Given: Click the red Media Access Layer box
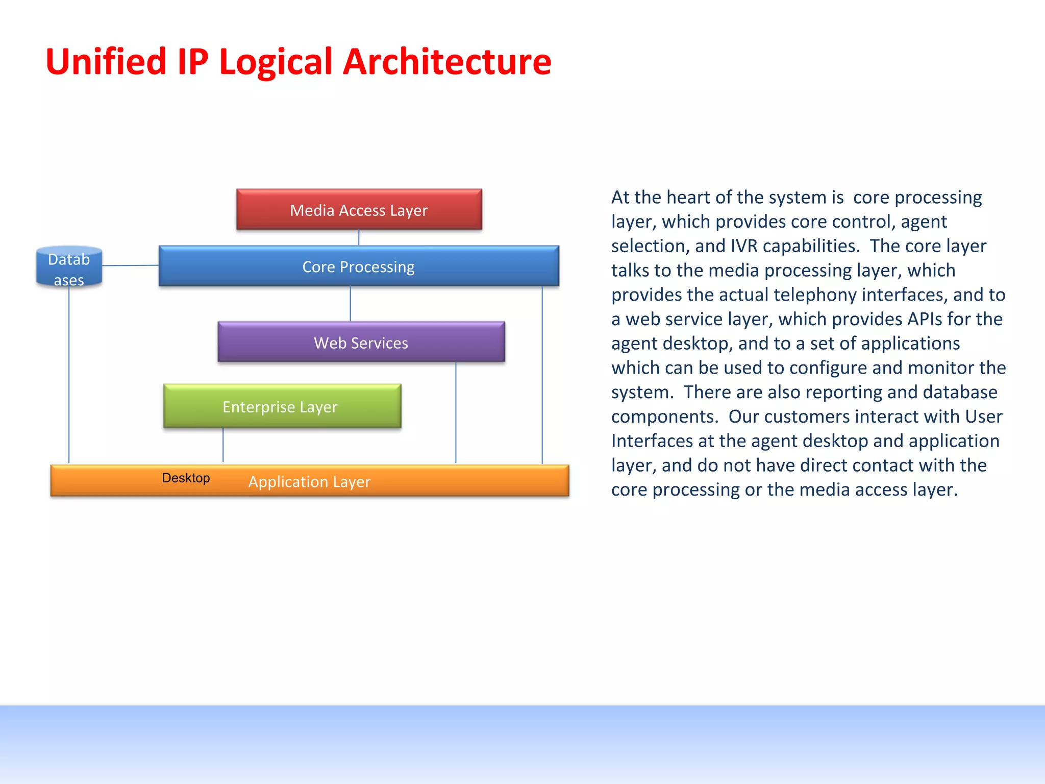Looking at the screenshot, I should pyautogui.click(x=359, y=210).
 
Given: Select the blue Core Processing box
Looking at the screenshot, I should pyautogui.click(x=359, y=266).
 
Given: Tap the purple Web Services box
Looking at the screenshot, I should pyautogui.click(x=361, y=342).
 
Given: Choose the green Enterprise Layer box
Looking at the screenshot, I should pyautogui.click(x=282, y=406).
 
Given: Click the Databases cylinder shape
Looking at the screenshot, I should pyautogui.click(x=69, y=268).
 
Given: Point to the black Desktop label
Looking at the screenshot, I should pyautogui.click(x=186, y=478).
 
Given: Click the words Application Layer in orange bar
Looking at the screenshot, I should pyautogui.click(x=309, y=481).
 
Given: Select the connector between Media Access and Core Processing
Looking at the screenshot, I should pyautogui.click(x=359, y=238).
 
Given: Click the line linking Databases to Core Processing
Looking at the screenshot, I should pyautogui.click(x=130, y=265).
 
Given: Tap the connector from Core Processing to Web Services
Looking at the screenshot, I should pyautogui.click(x=350, y=304).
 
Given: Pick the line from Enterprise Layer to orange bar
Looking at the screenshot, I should pyautogui.click(x=223, y=445).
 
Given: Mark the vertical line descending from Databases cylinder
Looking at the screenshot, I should pyautogui.click(x=69, y=378).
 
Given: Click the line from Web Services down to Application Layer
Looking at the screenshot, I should pyautogui.click(x=456, y=413).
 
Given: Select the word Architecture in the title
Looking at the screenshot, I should pyautogui.click(x=447, y=62).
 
